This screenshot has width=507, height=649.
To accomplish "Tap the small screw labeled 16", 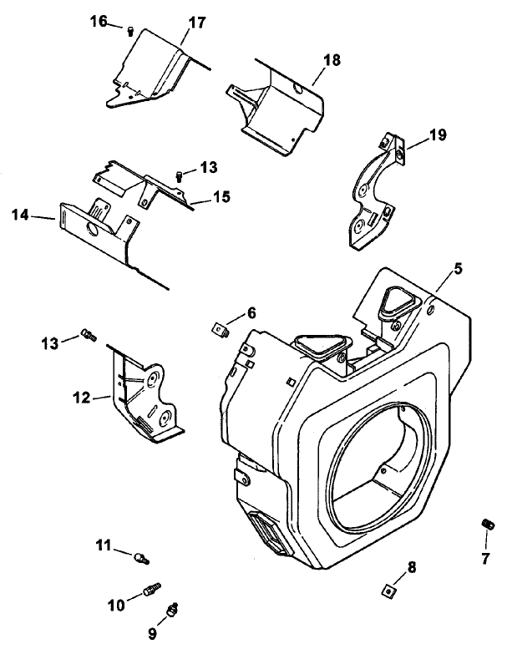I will click(x=131, y=31).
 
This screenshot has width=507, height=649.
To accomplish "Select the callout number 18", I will click(x=332, y=61).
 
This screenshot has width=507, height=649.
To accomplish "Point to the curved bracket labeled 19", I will click(x=372, y=191).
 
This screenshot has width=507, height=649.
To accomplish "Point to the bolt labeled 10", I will click(x=150, y=591).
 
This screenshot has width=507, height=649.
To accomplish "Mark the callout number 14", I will click(x=22, y=215).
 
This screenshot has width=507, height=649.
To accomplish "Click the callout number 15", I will click(x=221, y=196).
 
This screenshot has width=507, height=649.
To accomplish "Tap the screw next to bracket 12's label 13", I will click(x=88, y=336).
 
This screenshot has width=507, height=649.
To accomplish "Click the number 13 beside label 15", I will click(x=208, y=168).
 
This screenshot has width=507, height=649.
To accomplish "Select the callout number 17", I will click(x=196, y=23).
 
